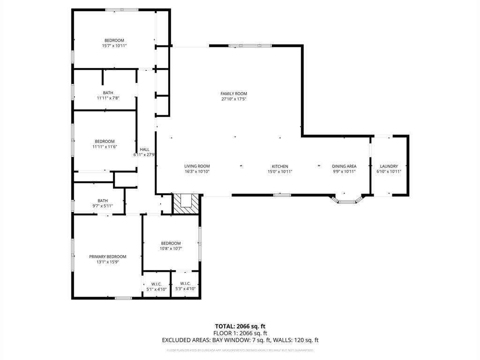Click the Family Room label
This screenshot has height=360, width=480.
(234, 94)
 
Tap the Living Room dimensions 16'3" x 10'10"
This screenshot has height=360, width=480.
(197, 172)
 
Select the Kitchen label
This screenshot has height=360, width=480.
(280, 166)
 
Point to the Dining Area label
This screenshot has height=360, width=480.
(344, 166)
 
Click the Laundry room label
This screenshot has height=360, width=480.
(389, 166)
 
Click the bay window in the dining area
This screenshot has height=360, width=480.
(347, 202)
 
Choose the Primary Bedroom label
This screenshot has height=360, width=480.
(108, 257)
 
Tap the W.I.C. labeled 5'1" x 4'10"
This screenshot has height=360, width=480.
(156, 286)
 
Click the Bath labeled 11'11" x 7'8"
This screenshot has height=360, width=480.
(108, 96)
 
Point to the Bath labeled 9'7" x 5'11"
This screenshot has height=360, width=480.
(102, 203)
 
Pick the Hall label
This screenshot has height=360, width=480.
(144, 150)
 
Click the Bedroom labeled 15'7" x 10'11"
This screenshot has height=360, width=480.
(114, 43)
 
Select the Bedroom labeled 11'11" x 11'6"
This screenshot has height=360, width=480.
(105, 144)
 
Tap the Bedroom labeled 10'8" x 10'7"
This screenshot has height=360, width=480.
(171, 246)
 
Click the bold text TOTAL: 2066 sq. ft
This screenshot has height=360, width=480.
(240, 326)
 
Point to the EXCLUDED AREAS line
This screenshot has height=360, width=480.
(240, 340)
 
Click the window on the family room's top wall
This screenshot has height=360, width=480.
(256, 45)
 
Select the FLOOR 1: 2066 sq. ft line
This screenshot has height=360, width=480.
(240, 333)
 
